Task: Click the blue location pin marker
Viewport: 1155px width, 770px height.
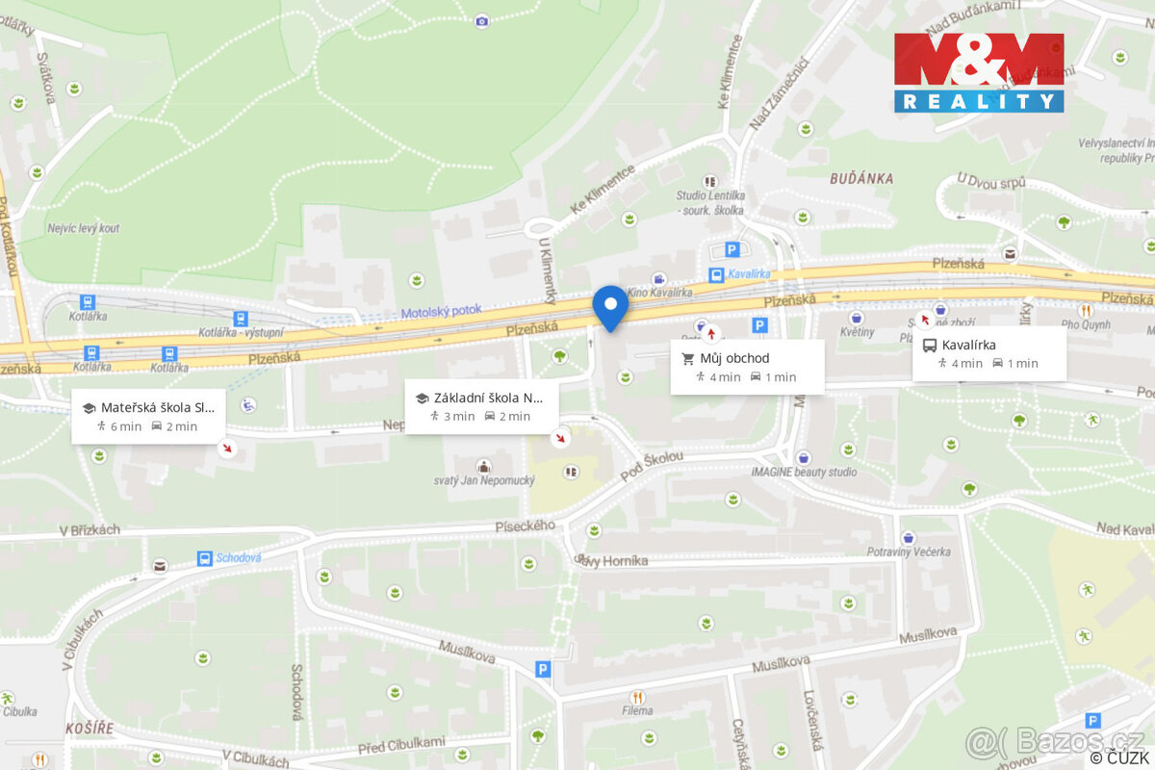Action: pyautogui.click(x=610, y=306)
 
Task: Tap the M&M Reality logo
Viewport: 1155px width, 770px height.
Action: pyautogui.click(x=979, y=72)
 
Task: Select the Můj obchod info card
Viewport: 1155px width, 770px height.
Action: pyautogui.click(x=747, y=367)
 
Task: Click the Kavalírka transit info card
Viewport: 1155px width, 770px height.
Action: pyautogui.click(x=988, y=353)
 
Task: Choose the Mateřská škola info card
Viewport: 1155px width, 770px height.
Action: pyautogui.click(x=148, y=416)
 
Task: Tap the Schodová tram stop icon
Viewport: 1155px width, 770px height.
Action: pyautogui.click(x=204, y=558)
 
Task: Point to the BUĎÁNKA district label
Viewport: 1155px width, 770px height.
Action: pyautogui.click(x=861, y=178)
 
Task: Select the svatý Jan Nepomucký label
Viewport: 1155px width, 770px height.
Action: pyautogui.click(x=483, y=479)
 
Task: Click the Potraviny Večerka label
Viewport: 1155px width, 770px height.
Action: pyautogui.click(x=908, y=552)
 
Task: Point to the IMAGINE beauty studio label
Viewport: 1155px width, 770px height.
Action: pyautogui.click(x=804, y=472)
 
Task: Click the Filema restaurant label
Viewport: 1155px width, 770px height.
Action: pyautogui.click(x=636, y=710)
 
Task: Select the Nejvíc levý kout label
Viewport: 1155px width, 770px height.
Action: pyautogui.click(x=84, y=228)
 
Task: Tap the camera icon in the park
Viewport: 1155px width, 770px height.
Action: pyautogui.click(x=481, y=20)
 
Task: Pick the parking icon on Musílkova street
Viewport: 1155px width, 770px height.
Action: pyautogui.click(x=544, y=668)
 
